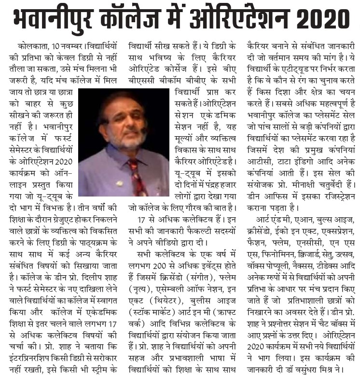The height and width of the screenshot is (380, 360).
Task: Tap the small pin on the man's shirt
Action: tap(119, 184)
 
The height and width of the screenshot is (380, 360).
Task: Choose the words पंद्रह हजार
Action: tap(213, 184)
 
